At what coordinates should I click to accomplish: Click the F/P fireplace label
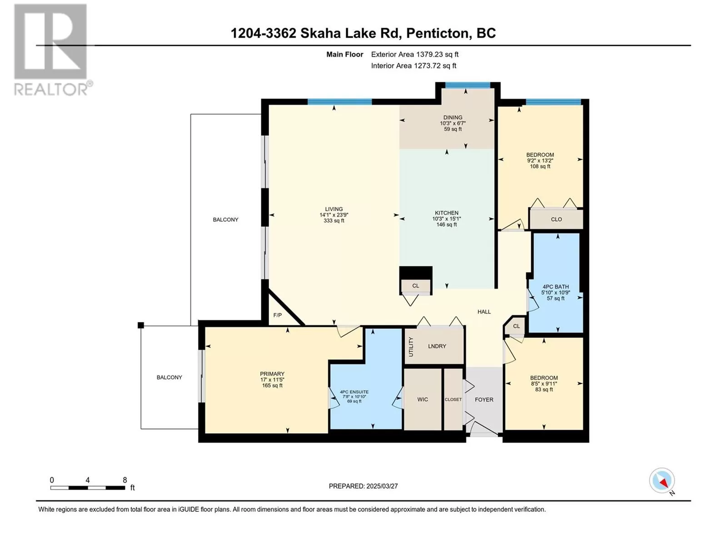[x=277, y=315]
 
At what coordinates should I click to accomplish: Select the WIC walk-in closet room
[x=423, y=399]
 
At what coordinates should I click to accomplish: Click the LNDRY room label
[x=437, y=346]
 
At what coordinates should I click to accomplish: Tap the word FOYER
[x=484, y=400]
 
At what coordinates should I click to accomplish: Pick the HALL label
[x=484, y=312]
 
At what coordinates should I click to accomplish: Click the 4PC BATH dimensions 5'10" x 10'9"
[x=555, y=292]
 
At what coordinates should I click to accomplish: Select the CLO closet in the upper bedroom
[x=556, y=219]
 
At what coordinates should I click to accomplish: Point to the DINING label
[x=453, y=118]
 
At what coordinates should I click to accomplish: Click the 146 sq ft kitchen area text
[x=447, y=225]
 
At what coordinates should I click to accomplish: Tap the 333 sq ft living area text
[x=334, y=221]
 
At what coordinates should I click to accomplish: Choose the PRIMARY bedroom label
[x=272, y=374]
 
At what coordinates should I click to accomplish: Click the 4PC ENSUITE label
[x=354, y=392]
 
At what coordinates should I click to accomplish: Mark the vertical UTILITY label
[x=411, y=347]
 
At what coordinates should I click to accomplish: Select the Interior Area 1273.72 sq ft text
[x=413, y=66]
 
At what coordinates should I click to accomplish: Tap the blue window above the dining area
[x=468, y=85]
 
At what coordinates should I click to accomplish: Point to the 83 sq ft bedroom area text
[x=544, y=390]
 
